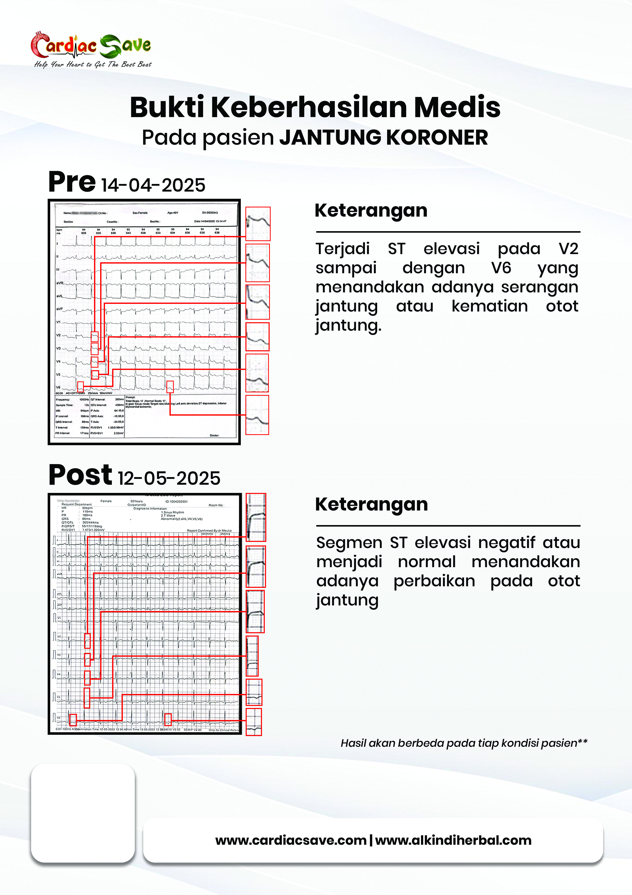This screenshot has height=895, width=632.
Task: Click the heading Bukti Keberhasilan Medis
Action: (x=315, y=107)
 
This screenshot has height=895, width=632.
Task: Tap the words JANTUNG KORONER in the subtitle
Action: (x=384, y=138)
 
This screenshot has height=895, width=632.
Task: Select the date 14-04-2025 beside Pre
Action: (x=153, y=185)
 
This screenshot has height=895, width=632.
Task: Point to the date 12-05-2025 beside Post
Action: (x=169, y=478)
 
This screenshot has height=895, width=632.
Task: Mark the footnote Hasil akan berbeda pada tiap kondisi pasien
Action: (x=463, y=743)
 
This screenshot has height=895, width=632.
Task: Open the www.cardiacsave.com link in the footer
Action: (x=291, y=840)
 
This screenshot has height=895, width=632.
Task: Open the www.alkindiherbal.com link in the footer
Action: (x=453, y=840)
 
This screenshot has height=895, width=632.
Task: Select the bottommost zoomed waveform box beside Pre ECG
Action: (x=257, y=415)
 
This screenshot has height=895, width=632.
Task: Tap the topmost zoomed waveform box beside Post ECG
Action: (x=256, y=517)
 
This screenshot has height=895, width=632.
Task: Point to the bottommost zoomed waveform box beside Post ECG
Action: (x=254, y=722)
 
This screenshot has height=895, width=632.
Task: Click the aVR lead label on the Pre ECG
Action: (x=60, y=283)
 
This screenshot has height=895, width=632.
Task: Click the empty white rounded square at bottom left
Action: (x=83, y=813)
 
